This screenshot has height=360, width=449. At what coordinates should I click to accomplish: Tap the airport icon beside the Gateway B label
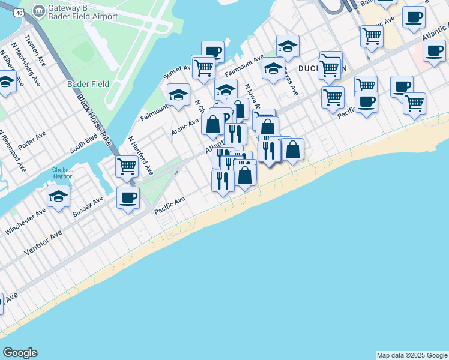[x=39, y=11]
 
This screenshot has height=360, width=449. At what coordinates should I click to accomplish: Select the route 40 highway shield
[x=19, y=13]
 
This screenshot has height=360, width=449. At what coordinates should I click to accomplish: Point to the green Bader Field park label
[x=88, y=85]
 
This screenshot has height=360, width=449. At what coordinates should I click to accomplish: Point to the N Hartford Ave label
[x=141, y=155]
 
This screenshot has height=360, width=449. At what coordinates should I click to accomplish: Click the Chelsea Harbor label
[x=62, y=173]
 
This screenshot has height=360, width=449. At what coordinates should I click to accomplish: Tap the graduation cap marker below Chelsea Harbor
[x=59, y=196]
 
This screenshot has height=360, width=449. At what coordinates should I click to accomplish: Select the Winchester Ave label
[x=25, y=221]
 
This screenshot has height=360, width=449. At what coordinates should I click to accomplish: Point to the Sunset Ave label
[x=177, y=71]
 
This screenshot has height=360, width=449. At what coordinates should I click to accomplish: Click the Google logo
[x=20, y=353]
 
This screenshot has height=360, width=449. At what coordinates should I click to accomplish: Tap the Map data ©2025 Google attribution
[x=412, y=355]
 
